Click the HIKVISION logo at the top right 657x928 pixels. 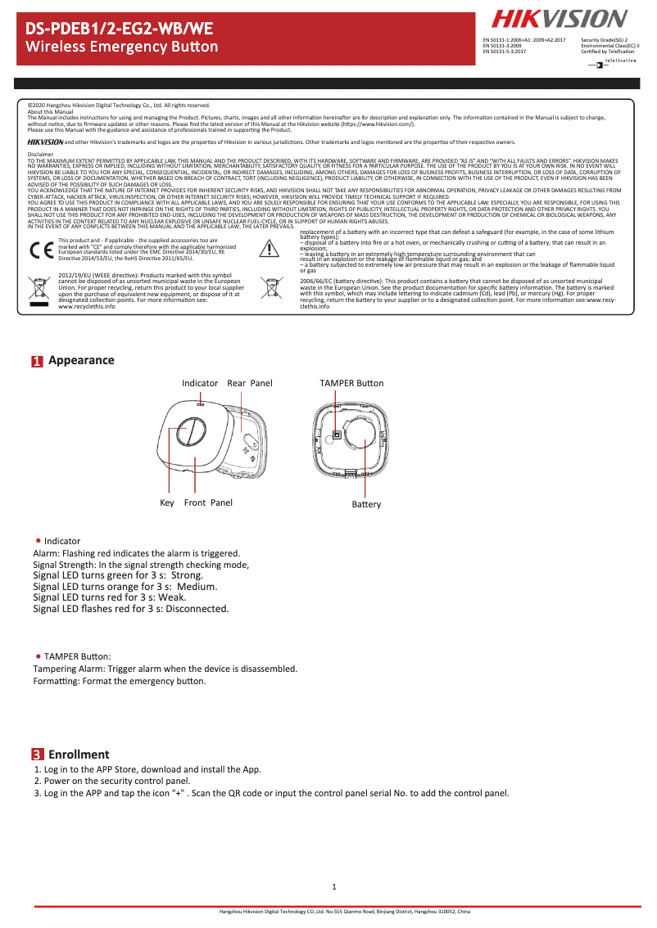560,19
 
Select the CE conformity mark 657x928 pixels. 40,250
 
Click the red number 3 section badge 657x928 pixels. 37,755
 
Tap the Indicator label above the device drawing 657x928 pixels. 200,383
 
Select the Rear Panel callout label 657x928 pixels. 249,383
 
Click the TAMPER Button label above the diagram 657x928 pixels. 351,383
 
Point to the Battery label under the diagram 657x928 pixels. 366,504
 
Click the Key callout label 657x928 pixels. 167,502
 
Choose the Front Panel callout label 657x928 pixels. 208,502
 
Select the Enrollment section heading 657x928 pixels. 79,755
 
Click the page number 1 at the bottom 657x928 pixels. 334,887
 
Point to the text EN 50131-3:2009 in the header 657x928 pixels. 502,45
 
